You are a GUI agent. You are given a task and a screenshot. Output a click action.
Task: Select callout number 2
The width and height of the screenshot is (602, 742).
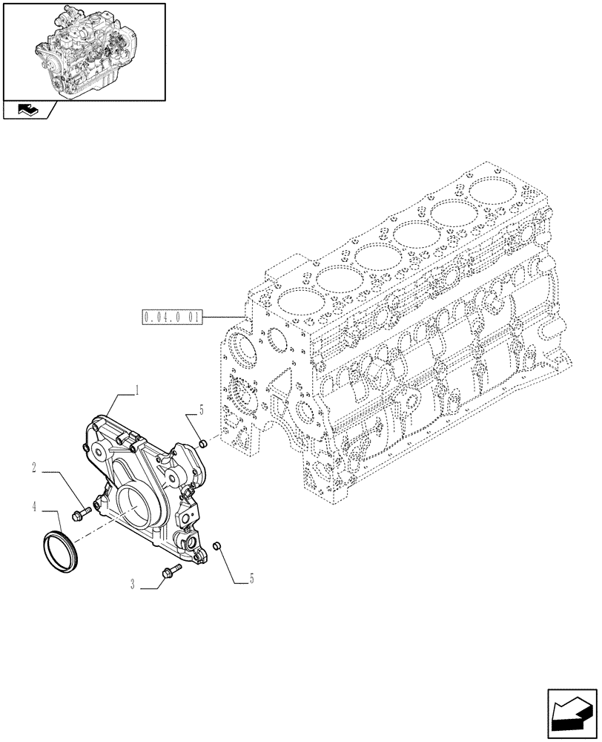click(35, 467)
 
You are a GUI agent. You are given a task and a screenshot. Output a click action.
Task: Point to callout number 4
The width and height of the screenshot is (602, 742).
click(35, 508)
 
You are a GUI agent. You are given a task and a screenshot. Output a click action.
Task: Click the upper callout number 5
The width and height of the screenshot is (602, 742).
click(200, 409)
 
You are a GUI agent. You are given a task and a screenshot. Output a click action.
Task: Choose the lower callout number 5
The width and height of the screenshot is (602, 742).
click(251, 578)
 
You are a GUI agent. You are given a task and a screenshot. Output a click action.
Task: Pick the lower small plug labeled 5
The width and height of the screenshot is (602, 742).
click(217, 546)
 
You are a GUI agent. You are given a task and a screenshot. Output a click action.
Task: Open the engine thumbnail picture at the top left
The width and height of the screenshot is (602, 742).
click(83, 51)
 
